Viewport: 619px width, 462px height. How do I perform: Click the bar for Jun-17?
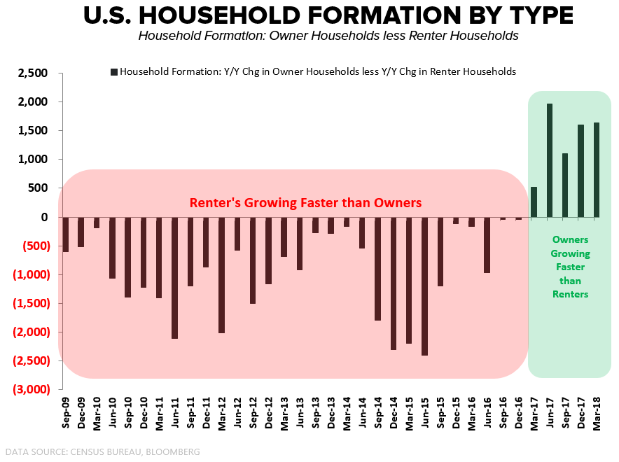pyautogui.click(x=549, y=160)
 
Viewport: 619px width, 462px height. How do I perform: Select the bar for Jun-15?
pyautogui.click(x=424, y=286)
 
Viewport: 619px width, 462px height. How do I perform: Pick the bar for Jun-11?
pyautogui.click(x=174, y=278)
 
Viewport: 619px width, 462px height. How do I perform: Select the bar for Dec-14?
pyautogui.click(x=394, y=283)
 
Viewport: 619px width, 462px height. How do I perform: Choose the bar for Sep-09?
pyautogui.click(x=65, y=234)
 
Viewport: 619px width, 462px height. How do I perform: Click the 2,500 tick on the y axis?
pyautogui.click(x=33, y=73)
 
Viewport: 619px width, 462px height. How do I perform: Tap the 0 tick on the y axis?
pyautogui.click(x=43, y=217)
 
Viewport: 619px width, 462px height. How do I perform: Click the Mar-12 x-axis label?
pyautogui.click(x=221, y=416)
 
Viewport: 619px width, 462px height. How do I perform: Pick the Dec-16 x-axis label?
pyautogui.click(x=519, y=416)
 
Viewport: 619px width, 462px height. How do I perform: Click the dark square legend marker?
pyautogui.click(x=113, y=71)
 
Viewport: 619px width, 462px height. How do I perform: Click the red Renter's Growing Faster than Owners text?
pyautogui.click(x=305, y=203)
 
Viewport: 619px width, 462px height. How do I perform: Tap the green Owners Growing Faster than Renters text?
pyautogui.click(x=570, y=267)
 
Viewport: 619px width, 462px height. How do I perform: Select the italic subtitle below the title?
pyautogui.click(x=328, y=36)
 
